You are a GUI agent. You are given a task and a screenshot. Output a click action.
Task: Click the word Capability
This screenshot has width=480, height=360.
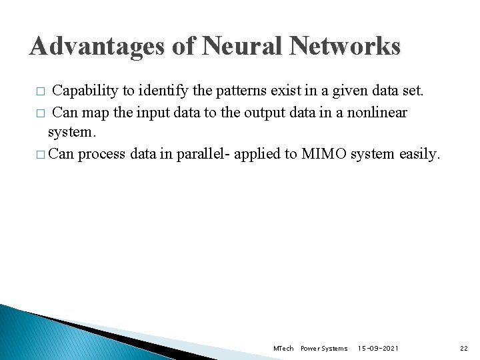click(x=83, y=91)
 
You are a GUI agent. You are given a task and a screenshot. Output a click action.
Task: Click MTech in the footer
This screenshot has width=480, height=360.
click(x=283, y=349)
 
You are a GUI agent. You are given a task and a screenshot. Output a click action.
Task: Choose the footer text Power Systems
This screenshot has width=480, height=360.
click(x=324, y=349)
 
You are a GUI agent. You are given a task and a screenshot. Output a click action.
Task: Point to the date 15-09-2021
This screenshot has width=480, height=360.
click(x=379, y=349)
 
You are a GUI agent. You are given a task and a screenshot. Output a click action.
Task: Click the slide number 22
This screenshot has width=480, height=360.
click(x=464, y=349)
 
